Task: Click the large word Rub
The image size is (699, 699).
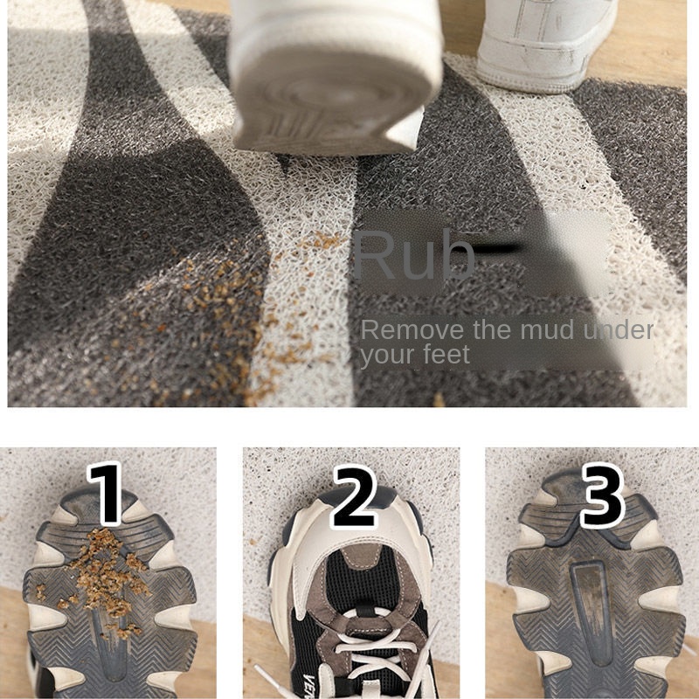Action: click(x=413, y=254)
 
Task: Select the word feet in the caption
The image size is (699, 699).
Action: click(x=446, y=355)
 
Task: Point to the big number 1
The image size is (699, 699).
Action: click(x=105, y=493)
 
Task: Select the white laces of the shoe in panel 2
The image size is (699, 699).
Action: click(x=379, y=647)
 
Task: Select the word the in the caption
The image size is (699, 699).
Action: click(x=493, y=330)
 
